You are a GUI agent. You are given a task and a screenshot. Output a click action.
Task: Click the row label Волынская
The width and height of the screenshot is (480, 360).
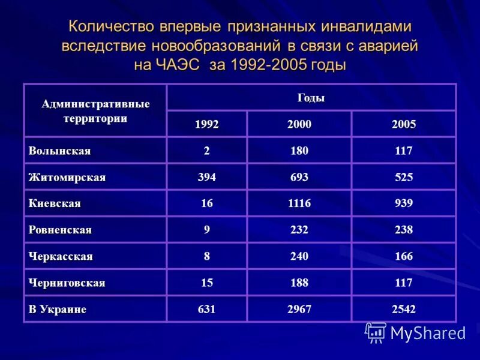tap(59, 151)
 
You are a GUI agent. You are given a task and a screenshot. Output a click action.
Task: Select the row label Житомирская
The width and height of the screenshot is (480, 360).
tap(67, 178)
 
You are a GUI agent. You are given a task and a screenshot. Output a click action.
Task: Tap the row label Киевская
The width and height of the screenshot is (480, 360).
tap(55, 204)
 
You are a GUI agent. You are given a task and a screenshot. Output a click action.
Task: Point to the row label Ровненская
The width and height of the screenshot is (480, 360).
tap(60, 230)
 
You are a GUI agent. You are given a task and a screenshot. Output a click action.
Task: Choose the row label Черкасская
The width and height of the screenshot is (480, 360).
tap(61, 257)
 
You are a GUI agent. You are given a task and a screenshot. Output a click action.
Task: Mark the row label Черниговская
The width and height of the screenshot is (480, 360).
tap(67, 283)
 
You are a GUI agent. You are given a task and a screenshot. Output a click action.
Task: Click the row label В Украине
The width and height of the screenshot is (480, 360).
tap(58, 310)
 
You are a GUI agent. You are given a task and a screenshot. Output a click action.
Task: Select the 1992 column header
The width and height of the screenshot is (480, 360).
tap(207, 125)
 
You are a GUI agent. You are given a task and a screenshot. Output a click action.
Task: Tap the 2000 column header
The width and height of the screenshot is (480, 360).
tap(299, 125)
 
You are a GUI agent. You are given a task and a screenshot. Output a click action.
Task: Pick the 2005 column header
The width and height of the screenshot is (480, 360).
tap(403, 125)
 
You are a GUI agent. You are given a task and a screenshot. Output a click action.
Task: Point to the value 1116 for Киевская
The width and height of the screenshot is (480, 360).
tap(299, 204)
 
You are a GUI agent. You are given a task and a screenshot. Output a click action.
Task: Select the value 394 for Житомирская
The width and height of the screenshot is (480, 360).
tap(207, 178)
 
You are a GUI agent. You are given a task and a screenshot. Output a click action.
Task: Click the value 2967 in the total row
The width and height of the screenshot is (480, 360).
tap(299, 310)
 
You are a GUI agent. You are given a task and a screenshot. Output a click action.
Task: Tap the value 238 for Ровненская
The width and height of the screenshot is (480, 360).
tap(403, 230)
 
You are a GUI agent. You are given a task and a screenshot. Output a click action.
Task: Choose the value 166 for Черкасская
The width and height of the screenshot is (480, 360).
tap(403, 257)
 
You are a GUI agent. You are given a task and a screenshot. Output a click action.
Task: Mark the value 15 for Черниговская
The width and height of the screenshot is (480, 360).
tap(207, 283)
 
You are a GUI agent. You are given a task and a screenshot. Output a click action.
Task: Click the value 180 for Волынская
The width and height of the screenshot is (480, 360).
tap(299, 151)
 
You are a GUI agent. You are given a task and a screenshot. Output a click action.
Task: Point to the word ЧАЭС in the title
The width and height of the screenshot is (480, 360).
tap(178, 64)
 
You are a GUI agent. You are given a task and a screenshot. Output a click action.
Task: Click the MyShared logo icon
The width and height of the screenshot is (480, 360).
tap(376, 332)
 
